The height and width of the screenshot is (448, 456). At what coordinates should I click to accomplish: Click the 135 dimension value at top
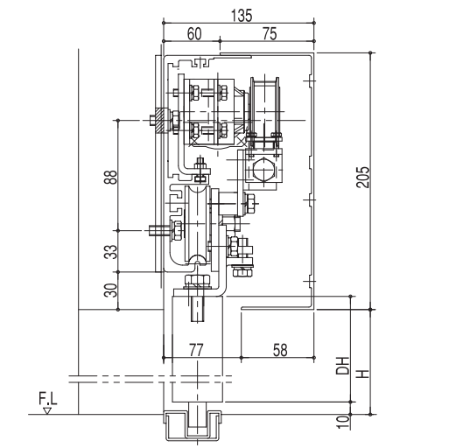[242, 15]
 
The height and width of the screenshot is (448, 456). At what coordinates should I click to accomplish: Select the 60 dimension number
[194, 33]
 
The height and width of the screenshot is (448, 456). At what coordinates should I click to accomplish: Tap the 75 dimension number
[270, 33]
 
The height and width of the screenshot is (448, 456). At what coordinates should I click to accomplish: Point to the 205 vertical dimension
[362, 177]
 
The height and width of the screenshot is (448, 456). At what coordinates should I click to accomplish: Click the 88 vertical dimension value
[110, 177]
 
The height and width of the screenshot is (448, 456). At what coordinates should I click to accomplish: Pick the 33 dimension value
[110, 252]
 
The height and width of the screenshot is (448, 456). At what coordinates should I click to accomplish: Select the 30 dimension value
[110, 290]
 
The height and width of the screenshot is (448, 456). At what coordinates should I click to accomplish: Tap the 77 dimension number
[196, 350]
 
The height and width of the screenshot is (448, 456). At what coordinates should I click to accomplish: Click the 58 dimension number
[280, 350]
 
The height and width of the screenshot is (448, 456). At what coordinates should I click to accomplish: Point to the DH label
[342, 365]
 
